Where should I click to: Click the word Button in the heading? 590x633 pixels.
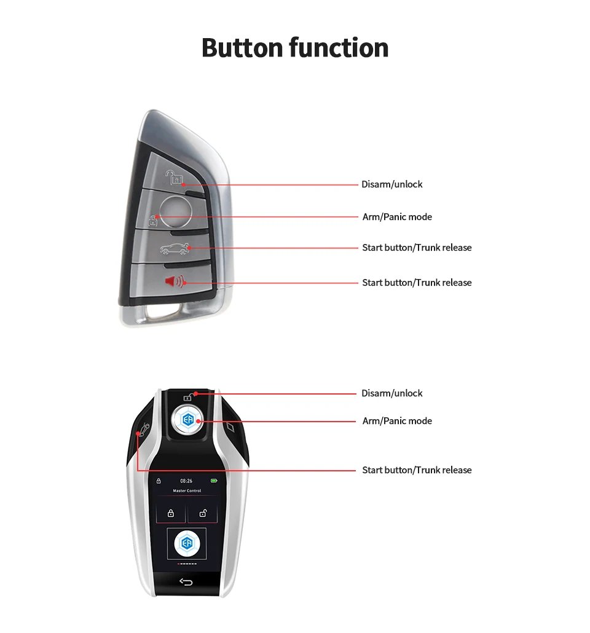pos(242,48)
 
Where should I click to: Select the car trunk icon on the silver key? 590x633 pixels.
pos(176,249)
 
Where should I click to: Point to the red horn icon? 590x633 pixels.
pos(175,282)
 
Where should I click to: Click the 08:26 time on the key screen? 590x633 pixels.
pos(186,481)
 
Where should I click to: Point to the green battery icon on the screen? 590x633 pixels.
pos(214,481)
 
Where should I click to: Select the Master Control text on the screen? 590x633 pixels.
pos(186,491)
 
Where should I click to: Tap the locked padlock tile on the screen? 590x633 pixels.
pos(171,513)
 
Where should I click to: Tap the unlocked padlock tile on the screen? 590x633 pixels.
pos(202,513)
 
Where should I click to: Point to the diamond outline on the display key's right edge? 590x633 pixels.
pos(230,426)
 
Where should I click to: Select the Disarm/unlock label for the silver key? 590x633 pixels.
pos(391,184)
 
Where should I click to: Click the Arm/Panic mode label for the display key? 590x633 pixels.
pos(397,421)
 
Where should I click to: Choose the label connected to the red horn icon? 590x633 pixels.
pos(417,283)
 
